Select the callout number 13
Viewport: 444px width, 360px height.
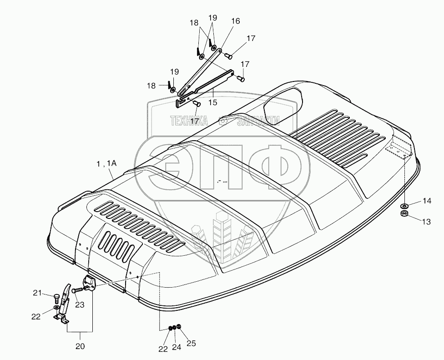click(426, 222)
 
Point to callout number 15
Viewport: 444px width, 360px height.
click(212, 103)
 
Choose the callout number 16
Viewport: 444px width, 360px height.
click(235, 21)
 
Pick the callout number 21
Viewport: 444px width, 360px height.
click(37, 293)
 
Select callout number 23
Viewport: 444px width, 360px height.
click(79, 305)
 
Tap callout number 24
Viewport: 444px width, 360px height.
click(176, 349)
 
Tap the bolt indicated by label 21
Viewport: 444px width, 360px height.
click(56, 298)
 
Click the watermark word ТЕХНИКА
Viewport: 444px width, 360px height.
click(189, 121)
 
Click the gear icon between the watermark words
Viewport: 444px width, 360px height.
click(223, 121)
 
